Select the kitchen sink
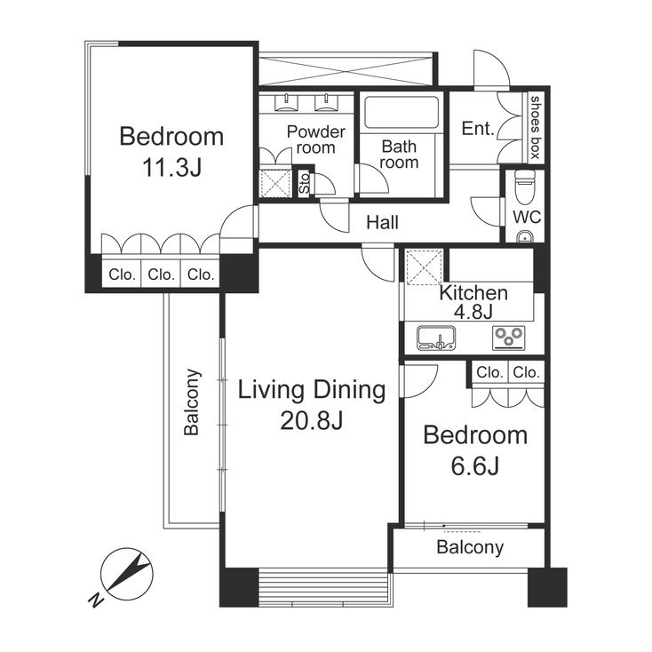(x=436, y=338)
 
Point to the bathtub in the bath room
(x=402, y=113)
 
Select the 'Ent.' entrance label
(x=478, y=129)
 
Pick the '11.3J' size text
(x=171, y=169)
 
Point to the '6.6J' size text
(x=475, y=466)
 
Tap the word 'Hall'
(x=382, y=223)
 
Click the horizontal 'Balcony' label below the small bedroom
(x=470, y=547)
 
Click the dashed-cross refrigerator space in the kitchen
(x=423, y=267)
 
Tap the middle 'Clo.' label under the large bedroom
(x=161, y=275)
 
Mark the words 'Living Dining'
(x=311, y=390)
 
